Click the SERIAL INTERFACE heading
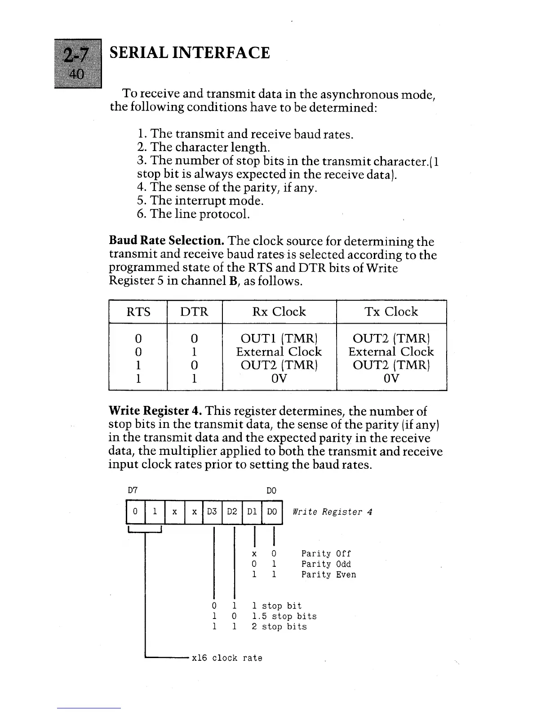(x=189, y=53)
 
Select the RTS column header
(x=138, y=311)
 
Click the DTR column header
(x=194, y=311)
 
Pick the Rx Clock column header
(x=279, y=311)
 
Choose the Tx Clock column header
(x=391, y=311)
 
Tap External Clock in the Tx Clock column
(x=391, y=352)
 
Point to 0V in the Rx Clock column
(x=279, y=378)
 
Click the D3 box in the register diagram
(x=213, y=512)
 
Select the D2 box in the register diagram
(x=232, y=512)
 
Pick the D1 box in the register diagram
(x=252, y=512)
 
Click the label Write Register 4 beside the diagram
(x=333, y=512)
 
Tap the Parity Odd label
(x=326, y=564)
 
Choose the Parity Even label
(x=328, y=574)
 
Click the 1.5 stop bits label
(x=284, y=616)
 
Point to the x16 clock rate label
(x=227, y=658)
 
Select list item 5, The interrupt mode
(x=200, y=200)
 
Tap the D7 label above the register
(x=133, y=490)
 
